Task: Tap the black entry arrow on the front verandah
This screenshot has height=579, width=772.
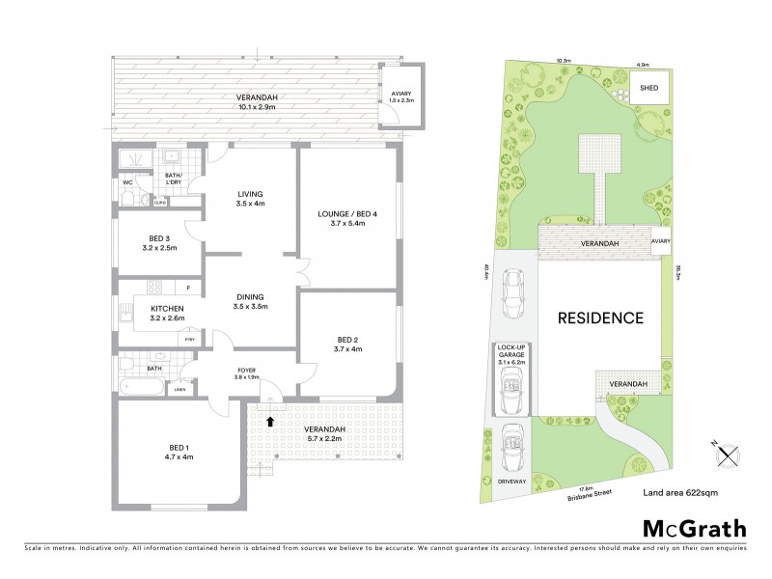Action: click(271, 420)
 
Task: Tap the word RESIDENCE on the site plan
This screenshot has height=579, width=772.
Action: click(598, 317)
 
